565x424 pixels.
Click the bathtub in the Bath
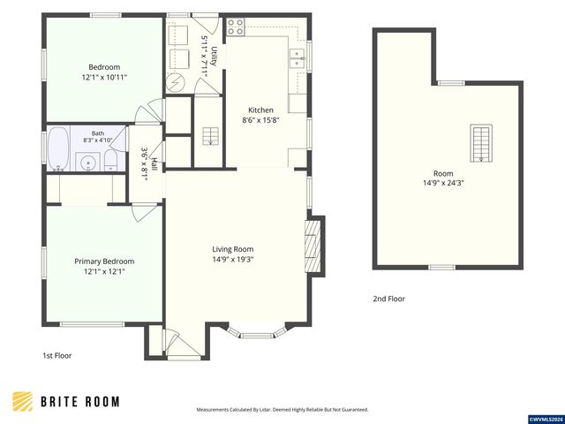(58, 148)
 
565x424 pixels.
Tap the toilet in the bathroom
(110, 161)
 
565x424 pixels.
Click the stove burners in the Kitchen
(236, 27)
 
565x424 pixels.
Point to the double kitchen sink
(298, 58)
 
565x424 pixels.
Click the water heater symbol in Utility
(176, 84)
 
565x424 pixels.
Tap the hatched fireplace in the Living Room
(313, 246)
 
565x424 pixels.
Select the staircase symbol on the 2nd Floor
(481, 143)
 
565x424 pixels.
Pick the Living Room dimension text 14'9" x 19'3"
(233, 259)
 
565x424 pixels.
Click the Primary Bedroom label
(104, 261)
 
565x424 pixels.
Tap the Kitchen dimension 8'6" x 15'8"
(261, 120)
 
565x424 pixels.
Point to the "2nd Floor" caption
(388, 299)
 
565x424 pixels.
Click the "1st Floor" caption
(57, 355)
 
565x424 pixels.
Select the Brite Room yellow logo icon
(23, 401)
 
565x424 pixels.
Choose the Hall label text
(154, 164)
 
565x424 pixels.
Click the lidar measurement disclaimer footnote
(282, 410)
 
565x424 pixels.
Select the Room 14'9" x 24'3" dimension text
(443, 183)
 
